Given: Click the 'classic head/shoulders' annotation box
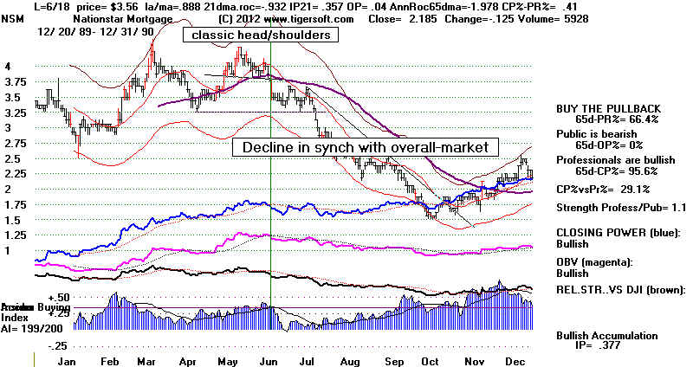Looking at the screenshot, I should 260,35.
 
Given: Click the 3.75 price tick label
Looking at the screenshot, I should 15,81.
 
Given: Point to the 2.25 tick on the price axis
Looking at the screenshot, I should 15,174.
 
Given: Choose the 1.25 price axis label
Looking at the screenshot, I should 15,235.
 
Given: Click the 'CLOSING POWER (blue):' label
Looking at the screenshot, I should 614,233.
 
